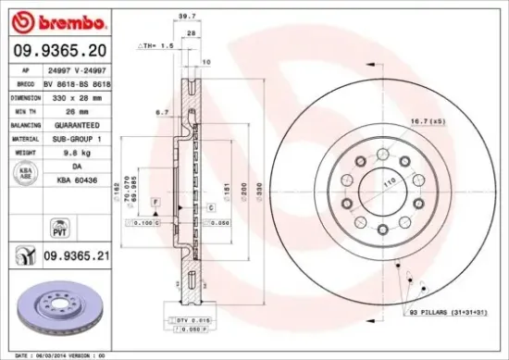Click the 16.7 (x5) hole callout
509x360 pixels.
[x=427, y=121]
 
